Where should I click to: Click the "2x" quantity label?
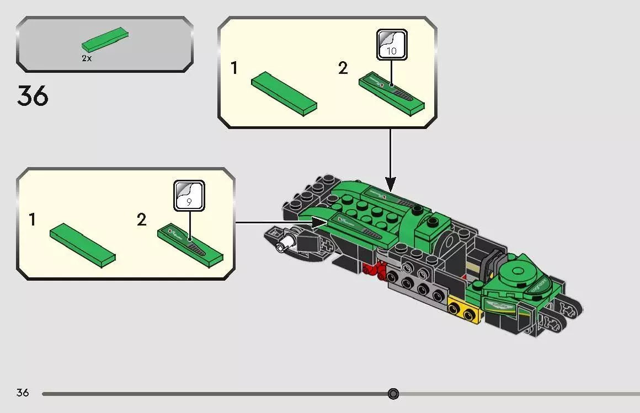(87, 58)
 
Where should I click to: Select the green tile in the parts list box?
(106, 39)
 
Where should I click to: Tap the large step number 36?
(33, 96)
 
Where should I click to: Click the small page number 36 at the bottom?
(23, 393)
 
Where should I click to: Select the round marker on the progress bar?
(393, 394)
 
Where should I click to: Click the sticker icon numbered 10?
(392, 45)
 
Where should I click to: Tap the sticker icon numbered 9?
(189, 196)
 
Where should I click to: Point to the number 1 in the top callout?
(234, 68)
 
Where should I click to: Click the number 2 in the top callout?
(343, 68)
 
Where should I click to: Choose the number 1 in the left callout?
(33, 220)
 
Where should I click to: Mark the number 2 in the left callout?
(142, 220)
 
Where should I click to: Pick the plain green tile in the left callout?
(82, 242)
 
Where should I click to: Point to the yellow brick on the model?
(463, 311)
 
